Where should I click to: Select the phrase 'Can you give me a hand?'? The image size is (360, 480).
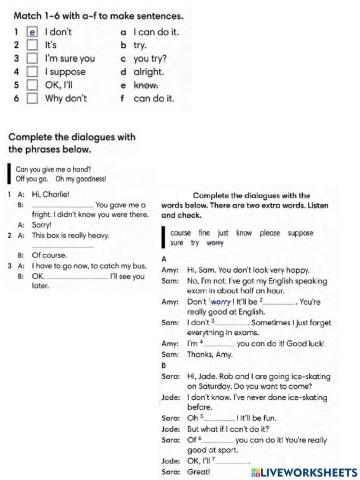(54, 170)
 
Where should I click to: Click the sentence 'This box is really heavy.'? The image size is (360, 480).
(76, 234)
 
